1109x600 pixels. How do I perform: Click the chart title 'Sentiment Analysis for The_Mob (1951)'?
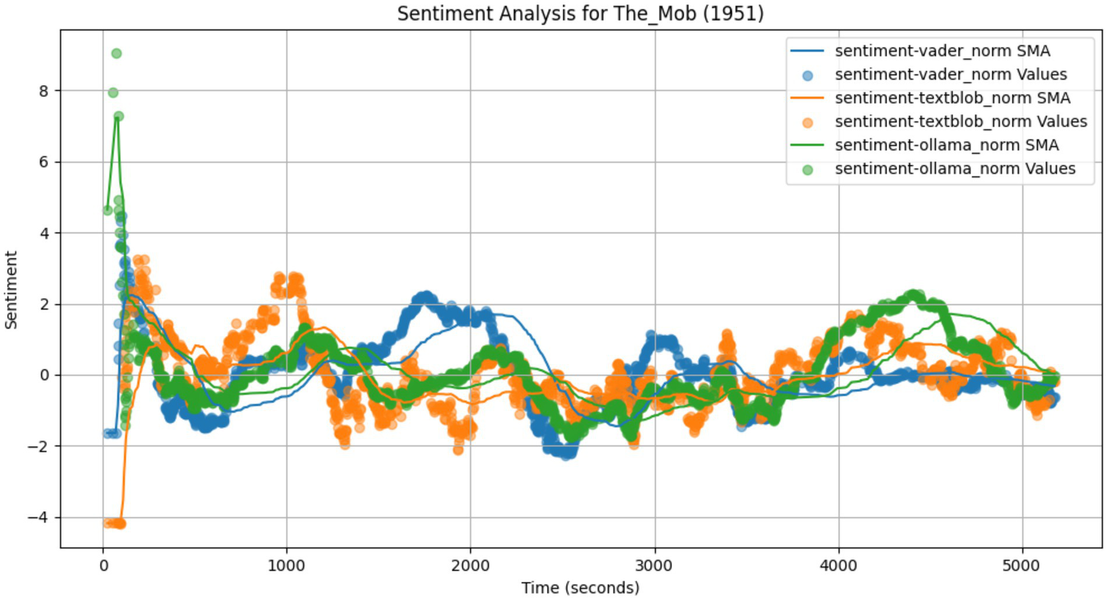(580, 14)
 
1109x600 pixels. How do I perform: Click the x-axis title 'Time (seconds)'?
(580, 588)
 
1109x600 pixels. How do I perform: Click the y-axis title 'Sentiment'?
(12, 290)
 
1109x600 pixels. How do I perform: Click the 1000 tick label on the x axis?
(286, 564)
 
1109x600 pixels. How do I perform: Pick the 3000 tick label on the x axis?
(655, 564)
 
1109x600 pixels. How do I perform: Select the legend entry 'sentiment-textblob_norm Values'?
(960, 121)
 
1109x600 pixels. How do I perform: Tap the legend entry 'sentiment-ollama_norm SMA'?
(946, 145)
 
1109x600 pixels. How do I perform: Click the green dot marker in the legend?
(808, 170)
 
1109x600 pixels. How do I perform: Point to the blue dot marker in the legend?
(808, 75)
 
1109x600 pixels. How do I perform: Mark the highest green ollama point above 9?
(116, 53)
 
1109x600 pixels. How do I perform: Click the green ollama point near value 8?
(113, 93)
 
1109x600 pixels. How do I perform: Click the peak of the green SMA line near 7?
(116, 117)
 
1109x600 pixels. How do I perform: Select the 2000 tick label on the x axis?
(470, 564)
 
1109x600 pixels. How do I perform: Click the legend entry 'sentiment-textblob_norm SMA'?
(952, 98)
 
